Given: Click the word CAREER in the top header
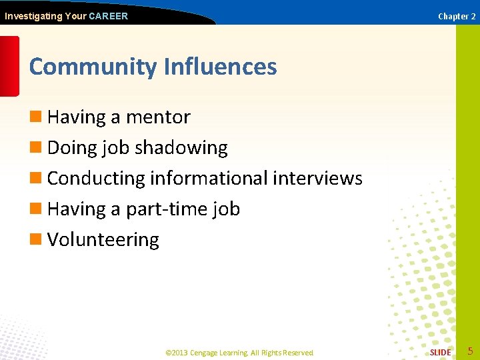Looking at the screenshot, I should pos(108,16).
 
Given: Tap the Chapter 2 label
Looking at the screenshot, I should pos(457,16).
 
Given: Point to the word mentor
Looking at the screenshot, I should pos(158,117).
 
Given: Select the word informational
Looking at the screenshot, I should pos(209,179).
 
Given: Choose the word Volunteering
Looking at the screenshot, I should pos(103,240).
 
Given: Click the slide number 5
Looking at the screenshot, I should pos(470,351).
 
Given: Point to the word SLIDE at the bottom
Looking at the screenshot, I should pos(440,352).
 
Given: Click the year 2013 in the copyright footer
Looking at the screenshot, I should pos(181,353).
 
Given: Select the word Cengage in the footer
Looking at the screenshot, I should pos(207,353).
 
